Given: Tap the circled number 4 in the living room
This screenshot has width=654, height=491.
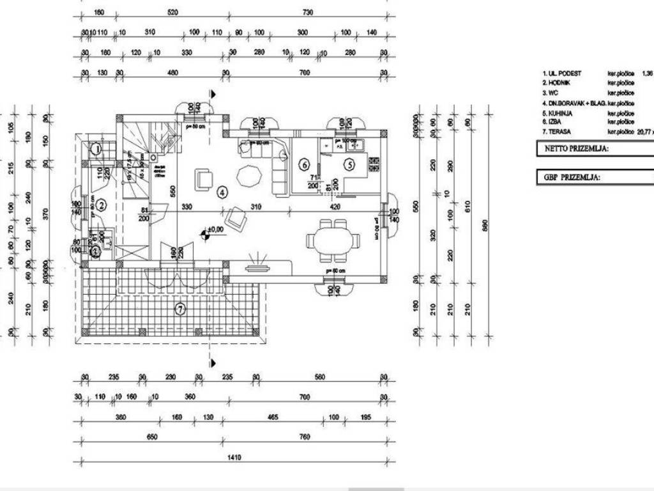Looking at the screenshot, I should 222,191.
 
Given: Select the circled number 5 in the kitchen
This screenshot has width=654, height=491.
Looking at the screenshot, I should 349,164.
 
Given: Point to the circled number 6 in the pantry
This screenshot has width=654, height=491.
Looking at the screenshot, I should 305,164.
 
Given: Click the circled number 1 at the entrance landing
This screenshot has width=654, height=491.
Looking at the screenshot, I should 96,150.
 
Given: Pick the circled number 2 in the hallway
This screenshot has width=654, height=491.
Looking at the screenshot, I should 101,205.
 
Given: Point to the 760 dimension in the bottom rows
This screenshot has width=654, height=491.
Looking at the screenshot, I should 305,437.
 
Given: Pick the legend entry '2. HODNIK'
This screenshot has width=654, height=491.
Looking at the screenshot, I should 560,83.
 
